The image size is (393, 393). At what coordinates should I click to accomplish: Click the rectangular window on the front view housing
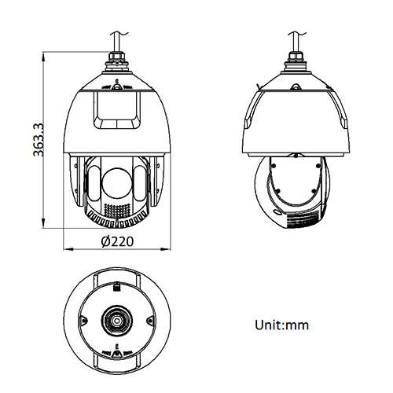(x=117, y=110)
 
